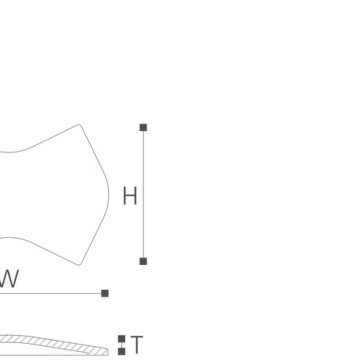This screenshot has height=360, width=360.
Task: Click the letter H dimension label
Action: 130,196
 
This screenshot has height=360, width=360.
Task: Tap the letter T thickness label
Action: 137,345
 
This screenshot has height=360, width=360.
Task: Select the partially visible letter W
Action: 9,279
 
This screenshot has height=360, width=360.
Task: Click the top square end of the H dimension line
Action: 143,127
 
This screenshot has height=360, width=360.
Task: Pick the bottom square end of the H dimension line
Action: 143,261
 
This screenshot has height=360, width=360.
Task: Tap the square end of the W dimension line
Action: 105,293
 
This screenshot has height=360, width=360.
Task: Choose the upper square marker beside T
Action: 122,339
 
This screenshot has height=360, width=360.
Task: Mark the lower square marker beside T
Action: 122,351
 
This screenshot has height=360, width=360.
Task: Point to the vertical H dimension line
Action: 143,194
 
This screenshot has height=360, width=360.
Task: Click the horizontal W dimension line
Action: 51,293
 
